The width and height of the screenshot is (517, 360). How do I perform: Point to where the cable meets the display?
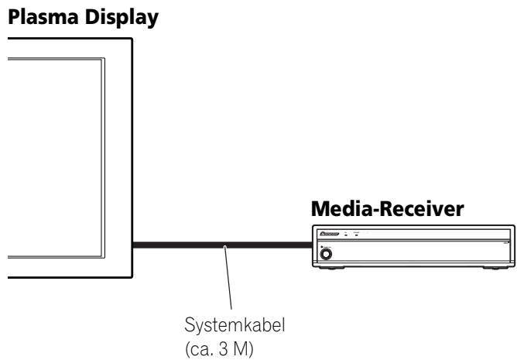coord(133,247)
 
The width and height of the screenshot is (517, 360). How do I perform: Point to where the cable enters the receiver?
coord(310,247)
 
